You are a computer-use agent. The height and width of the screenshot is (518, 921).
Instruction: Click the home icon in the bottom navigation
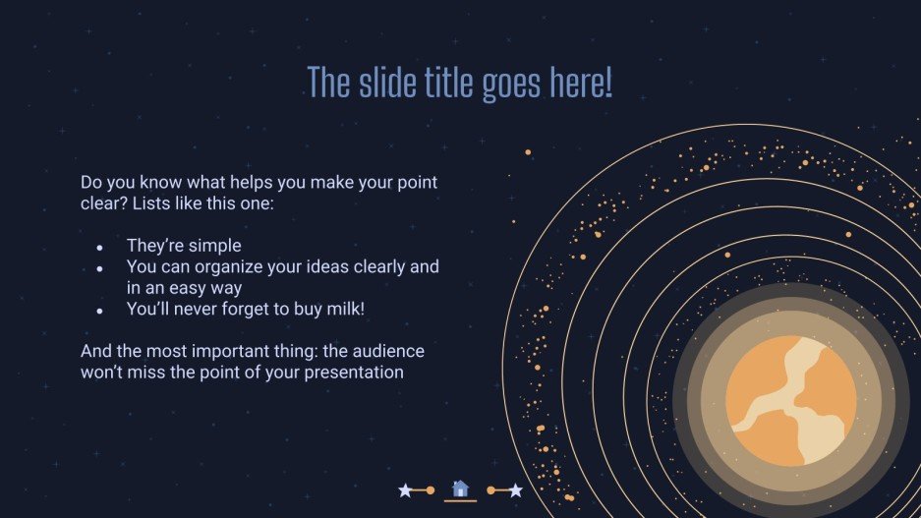(x=460, y=489)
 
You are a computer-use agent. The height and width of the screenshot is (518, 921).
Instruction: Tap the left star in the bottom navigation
(x=405, y=489)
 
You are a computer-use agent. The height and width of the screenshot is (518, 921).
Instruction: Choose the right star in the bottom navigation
(x=515, y=489)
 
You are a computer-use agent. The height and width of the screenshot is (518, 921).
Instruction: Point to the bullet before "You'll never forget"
(x=100, y=310)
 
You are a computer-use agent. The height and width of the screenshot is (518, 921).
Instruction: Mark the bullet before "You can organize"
(x=100, y=268)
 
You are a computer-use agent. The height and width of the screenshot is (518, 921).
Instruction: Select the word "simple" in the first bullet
(x=214, y=246)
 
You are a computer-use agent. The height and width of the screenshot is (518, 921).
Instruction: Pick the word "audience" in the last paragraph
(x=390, y=351)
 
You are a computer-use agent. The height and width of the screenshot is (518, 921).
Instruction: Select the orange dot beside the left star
(x=431, y=489)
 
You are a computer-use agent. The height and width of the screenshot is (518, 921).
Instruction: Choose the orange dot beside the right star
(x=490, y=489)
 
